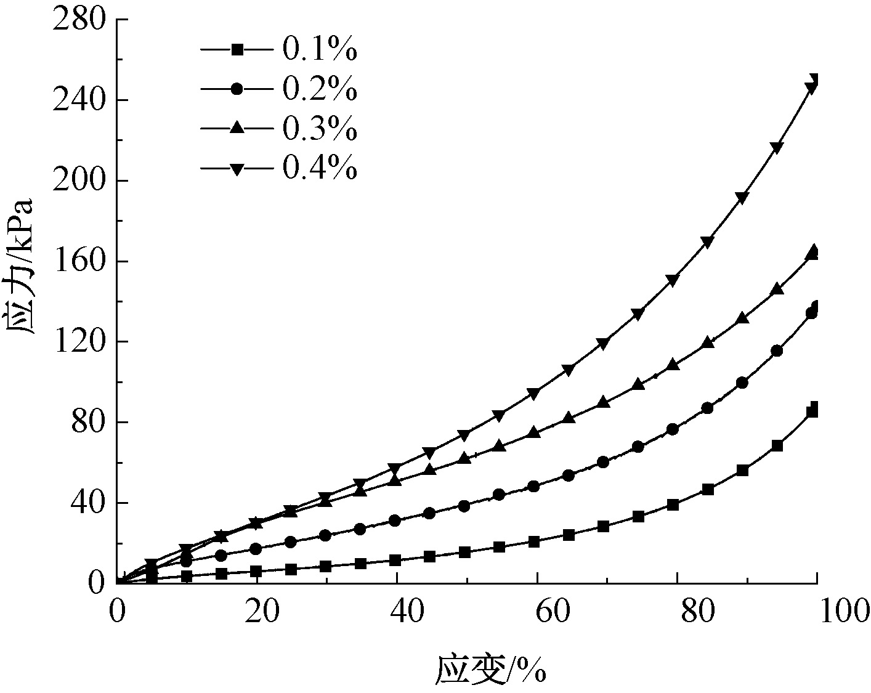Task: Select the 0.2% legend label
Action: [x=320, y=90]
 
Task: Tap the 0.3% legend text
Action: [x=320, y=129]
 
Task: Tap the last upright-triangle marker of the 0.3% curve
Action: [x=814, y=249]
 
